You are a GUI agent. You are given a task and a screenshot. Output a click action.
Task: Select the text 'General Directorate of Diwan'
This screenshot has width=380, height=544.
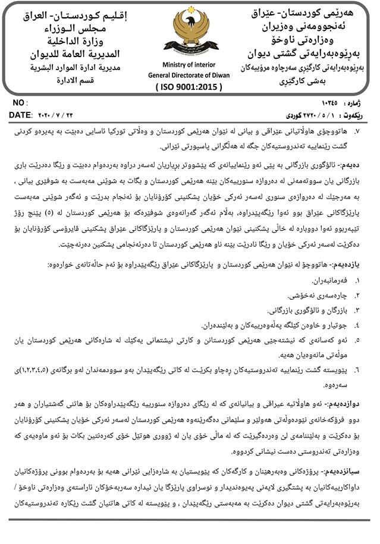tap(190, 75)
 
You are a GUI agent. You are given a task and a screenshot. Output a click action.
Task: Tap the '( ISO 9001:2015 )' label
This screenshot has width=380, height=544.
tap(190, 87)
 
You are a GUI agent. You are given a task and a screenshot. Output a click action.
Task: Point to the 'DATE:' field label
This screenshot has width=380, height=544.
tap(21, 114)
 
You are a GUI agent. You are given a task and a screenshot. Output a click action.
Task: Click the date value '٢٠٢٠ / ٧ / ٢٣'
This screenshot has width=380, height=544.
tap(57, 114)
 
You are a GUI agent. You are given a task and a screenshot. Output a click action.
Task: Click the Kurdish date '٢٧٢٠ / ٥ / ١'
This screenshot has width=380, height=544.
tap(303, 114)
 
